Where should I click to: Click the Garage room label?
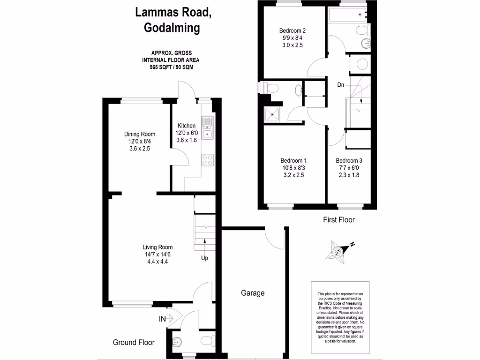tap(253, 293)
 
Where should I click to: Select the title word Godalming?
tap(172, 28)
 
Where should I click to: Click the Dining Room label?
tap(140, 134)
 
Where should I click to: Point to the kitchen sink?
tap(207, 128)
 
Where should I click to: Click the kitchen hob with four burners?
tap(207, 160)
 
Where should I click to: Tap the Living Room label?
tap(157, 247)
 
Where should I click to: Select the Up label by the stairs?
tap(205, 258)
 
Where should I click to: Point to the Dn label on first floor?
tap(341, 85)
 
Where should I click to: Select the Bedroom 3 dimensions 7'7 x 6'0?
tap(349, 168)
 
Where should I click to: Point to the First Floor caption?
tap(339, 219)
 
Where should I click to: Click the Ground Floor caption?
tap(134, 342)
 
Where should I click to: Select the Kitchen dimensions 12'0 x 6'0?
tap(186, 133)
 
